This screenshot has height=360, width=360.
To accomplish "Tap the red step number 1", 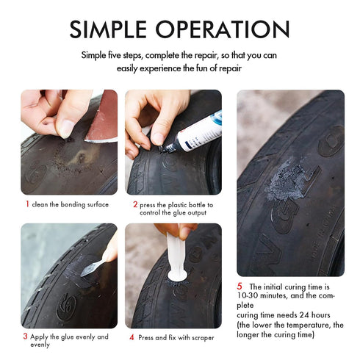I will pos(27,204).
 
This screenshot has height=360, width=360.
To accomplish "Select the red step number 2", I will pos(135,204).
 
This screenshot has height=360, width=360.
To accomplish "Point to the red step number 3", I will pos(26,336).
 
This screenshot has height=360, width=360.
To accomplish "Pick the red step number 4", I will pos(132,337).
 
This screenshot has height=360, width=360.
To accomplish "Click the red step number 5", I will pos(239,286).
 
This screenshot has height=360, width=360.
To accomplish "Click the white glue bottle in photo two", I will pos(198,133).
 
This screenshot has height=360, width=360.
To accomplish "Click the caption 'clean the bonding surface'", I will pos(71,204).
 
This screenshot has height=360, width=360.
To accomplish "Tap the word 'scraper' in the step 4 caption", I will pos(200,337).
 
